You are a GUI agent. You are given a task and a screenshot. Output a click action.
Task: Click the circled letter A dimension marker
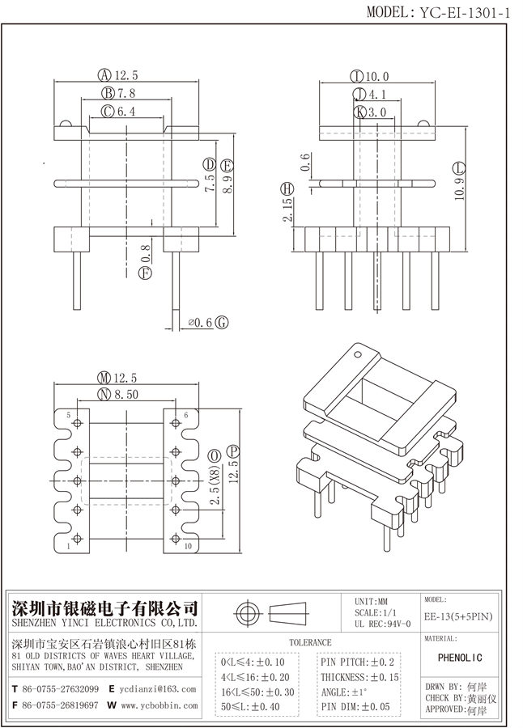click(x=104, y=75)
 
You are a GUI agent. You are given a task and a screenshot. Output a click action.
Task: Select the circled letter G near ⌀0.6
click(x=222, y=323)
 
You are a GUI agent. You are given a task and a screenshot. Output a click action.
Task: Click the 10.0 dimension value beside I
click(x=376, y=77)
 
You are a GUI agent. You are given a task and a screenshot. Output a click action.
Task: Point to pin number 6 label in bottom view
click(x=185, y=416)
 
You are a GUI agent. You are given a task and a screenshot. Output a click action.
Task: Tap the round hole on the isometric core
click(x=356, y=353)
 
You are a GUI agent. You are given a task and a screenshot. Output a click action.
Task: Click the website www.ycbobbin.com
click(x=158, y=705)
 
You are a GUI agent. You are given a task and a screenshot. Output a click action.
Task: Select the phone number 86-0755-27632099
click(x=62, y=689)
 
